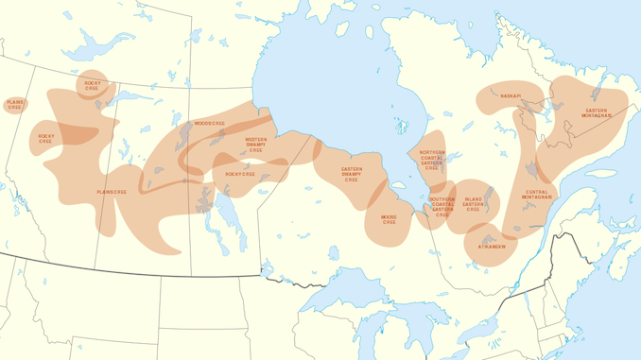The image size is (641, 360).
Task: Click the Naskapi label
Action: pyautogui.click(x=511, y=95)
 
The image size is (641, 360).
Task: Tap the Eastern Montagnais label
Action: pyautogui.click(x=598, y=113)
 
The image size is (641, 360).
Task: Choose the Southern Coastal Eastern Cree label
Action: pyautogui.click(x=442, y=207)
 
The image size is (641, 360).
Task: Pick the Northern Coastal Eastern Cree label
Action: pyautogui.click(x=431, y=159)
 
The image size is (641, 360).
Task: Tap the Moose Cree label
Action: pyautogui.click(x=389, y=219)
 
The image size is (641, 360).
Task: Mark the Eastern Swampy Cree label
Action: pyautogui.click(x=351, y=174)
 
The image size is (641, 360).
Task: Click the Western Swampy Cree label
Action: pyautogui.click(x=255, y=145)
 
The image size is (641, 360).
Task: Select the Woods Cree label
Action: pyautogui.click(x=209, y=124)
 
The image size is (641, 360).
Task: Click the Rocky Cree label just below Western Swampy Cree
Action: pyautogui.click(x=239, y=174)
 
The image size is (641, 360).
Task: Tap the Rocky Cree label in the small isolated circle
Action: pyautogui.click(x=92, y=85)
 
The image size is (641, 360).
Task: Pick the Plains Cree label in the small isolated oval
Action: pyautogui.click(x=14, y=105)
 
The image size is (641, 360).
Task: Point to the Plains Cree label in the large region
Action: pyautogui.click(x=111, y=192)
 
